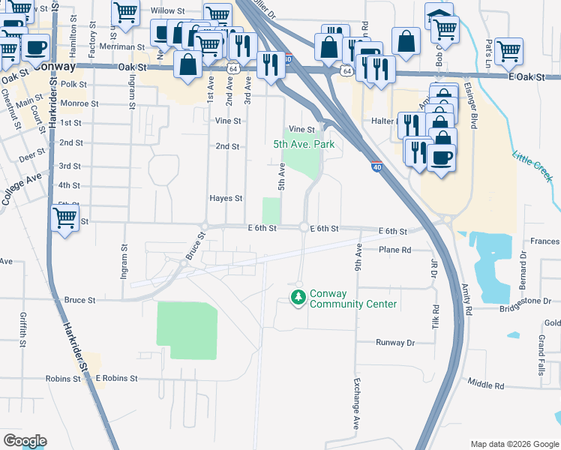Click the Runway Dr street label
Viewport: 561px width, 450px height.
[x=395, y=343]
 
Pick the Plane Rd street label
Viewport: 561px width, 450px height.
[x=395, y=250]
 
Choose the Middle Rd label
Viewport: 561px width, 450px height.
[x=485, y=385]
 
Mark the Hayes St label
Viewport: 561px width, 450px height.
[x=226, y=199]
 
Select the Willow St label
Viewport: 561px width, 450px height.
[x=167, y=11]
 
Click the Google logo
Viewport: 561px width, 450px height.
[x=25, y=441]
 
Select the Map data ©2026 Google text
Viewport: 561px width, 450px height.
[x=514, y=444]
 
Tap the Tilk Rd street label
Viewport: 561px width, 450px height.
[x=435, y=321]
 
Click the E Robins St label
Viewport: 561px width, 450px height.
[x=116, y=379]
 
